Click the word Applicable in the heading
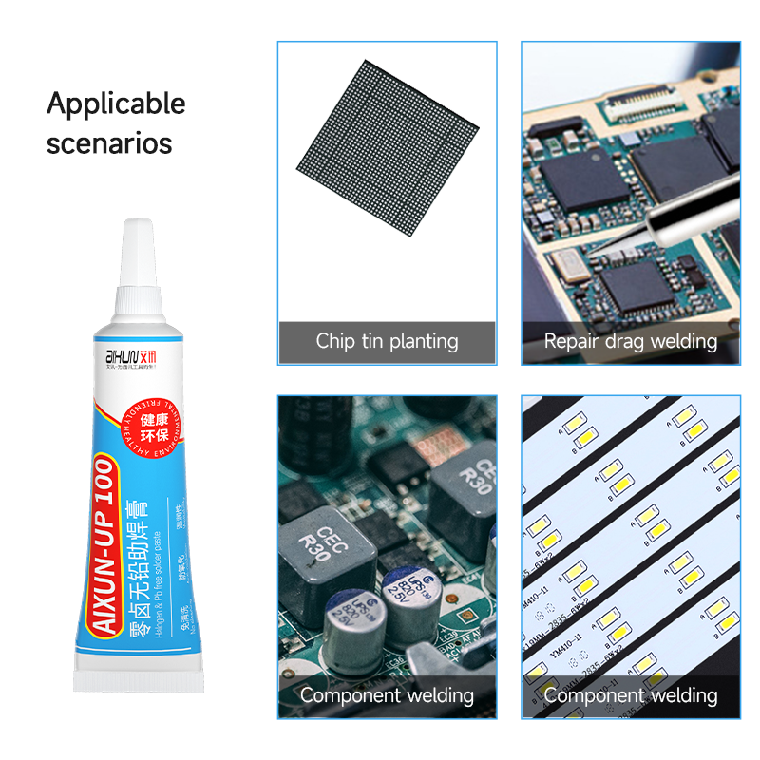tap(116, 104)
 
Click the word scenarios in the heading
tap(109, 144)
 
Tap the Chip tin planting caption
tap(387, 342)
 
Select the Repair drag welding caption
tap(630, 342)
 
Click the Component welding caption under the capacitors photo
tap(387, 695)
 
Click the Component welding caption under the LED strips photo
tap(630, 695)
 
